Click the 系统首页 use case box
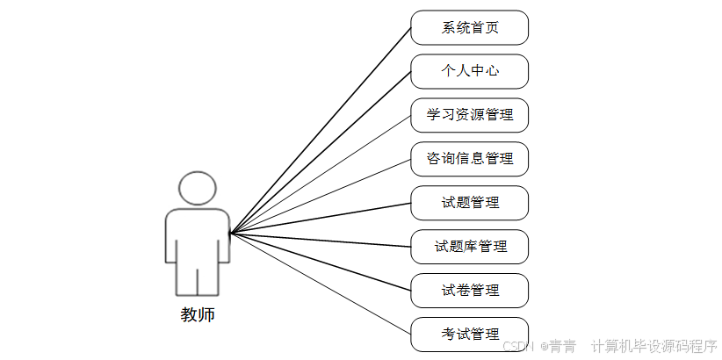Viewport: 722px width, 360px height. click(x=470, y=27)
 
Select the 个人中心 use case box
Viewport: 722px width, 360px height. click(x=470, y=71)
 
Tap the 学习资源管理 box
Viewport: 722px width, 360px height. click(x=470, y=115)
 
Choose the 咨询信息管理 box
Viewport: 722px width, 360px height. click(x=470, y=159)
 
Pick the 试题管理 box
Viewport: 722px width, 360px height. click(x=470, y=203)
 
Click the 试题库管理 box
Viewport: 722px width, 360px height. click(x=470, y=247)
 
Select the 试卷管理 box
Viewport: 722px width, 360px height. click(x=470, y=291)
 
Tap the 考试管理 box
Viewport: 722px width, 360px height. click(x=470, y=334)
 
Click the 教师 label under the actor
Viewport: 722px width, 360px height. click(x=198, y=314)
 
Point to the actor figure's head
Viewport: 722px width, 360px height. click(x=198, y=188)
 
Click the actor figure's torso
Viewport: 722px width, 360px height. click(x=198, y=235)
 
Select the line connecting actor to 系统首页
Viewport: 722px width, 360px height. click(x=321, y=130)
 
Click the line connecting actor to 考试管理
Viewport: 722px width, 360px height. click(x=321, y=284)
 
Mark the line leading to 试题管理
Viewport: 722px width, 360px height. click(x=321, y=218)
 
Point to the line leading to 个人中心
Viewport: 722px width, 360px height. click(x=321, y=152)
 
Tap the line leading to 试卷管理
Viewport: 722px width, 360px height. click(x=321, y=262)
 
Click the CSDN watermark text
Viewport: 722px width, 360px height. click(x=522, y=346)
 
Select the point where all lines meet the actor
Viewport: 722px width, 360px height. click(x=230, y=233)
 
